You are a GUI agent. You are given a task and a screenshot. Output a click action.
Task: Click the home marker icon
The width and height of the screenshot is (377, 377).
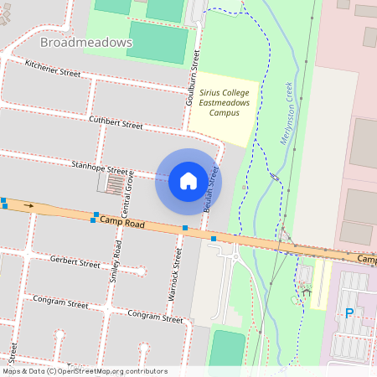(x=188, y=181)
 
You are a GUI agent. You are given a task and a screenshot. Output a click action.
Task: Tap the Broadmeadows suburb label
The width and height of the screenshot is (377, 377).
(x=86, y=41)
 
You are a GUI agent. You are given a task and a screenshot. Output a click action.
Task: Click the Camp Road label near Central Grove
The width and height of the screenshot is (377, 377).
(x=122, y=224)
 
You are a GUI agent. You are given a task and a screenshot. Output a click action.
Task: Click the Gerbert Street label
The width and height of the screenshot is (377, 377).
(x=75, y=263)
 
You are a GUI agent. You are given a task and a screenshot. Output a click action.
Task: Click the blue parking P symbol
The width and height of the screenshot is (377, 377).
(x=349, y=313)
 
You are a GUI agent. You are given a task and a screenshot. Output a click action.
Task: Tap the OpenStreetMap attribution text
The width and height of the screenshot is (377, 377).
(x=85, y=371)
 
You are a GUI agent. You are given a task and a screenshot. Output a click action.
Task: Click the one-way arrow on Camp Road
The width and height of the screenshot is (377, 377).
(x=29, y=204)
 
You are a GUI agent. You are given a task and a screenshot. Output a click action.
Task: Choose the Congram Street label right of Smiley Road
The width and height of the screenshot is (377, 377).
(x=155, y=316)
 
